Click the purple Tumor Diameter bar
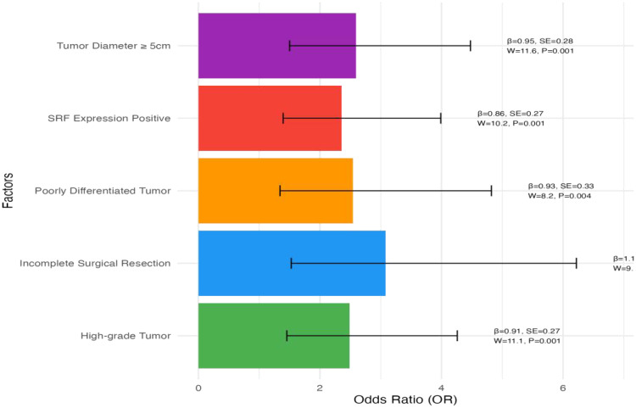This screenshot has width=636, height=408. tap(276, 46)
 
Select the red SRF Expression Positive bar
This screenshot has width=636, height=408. tap(270, 118)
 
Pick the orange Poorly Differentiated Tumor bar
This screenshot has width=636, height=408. tap(275, 191)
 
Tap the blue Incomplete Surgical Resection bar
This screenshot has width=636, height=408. tap(292, 263)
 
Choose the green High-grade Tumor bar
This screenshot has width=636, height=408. tap(273, 336)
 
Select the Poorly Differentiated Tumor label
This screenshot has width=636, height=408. tap(103, 191)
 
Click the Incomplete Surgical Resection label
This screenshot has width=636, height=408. tap(95, 263)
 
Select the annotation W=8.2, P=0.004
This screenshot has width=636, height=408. tap(559, 196)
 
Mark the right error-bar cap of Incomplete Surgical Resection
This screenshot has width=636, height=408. tap(577, 263)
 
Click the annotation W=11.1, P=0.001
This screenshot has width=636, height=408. tap(527, 341)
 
